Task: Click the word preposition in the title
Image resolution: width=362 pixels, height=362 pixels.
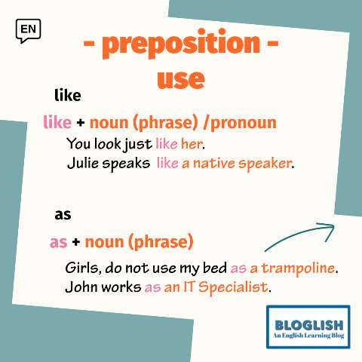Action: [181, 44]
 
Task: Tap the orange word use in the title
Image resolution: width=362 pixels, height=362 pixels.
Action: [181, 78]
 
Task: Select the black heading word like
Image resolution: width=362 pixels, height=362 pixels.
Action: [68, 95]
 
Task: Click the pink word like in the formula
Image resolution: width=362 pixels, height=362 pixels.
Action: [57, 122]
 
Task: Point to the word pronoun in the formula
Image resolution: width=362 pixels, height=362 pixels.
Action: [244, 123]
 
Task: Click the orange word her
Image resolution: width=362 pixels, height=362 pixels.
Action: [192, 144]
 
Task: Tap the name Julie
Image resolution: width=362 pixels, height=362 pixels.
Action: [83, 163]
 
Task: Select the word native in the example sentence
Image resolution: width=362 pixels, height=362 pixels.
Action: [214, 163]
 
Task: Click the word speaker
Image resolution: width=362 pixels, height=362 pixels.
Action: [265, 164]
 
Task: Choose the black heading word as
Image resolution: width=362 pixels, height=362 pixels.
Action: [63, 215]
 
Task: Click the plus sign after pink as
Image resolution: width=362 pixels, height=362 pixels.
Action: [76, 242]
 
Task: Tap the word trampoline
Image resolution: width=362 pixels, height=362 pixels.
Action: [298, 268]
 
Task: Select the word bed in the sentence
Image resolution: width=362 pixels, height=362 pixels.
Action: [215, 268]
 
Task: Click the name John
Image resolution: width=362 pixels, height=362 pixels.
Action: [81, 287]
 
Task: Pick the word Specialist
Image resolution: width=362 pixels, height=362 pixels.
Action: [233, 287]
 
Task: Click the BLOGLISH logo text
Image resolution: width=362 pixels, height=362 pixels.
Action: [309, 325]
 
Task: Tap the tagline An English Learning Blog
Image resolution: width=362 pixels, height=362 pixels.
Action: [308, 336]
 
